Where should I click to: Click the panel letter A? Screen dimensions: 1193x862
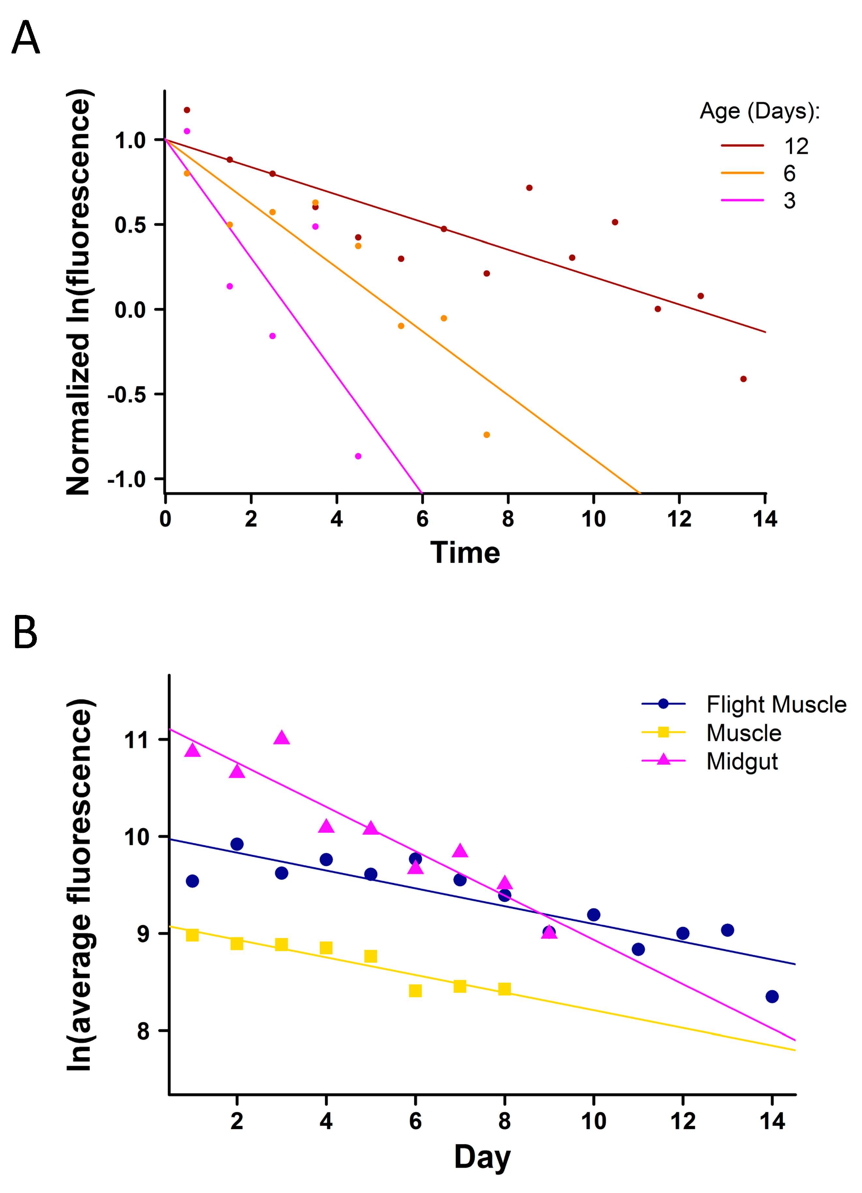(25, 38)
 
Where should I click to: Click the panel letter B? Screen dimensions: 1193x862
(25, 633)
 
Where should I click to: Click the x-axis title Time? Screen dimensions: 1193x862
(465, 553)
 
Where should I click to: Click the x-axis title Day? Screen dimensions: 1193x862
(482, 1157)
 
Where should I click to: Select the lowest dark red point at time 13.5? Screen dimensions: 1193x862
(743, 379)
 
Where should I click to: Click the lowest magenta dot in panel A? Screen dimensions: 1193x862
(358, 456)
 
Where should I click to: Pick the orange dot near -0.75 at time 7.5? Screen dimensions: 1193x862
(486, 435)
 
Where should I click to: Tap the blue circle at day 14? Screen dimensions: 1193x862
(772, 997)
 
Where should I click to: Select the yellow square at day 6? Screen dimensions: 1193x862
(415, 991)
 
